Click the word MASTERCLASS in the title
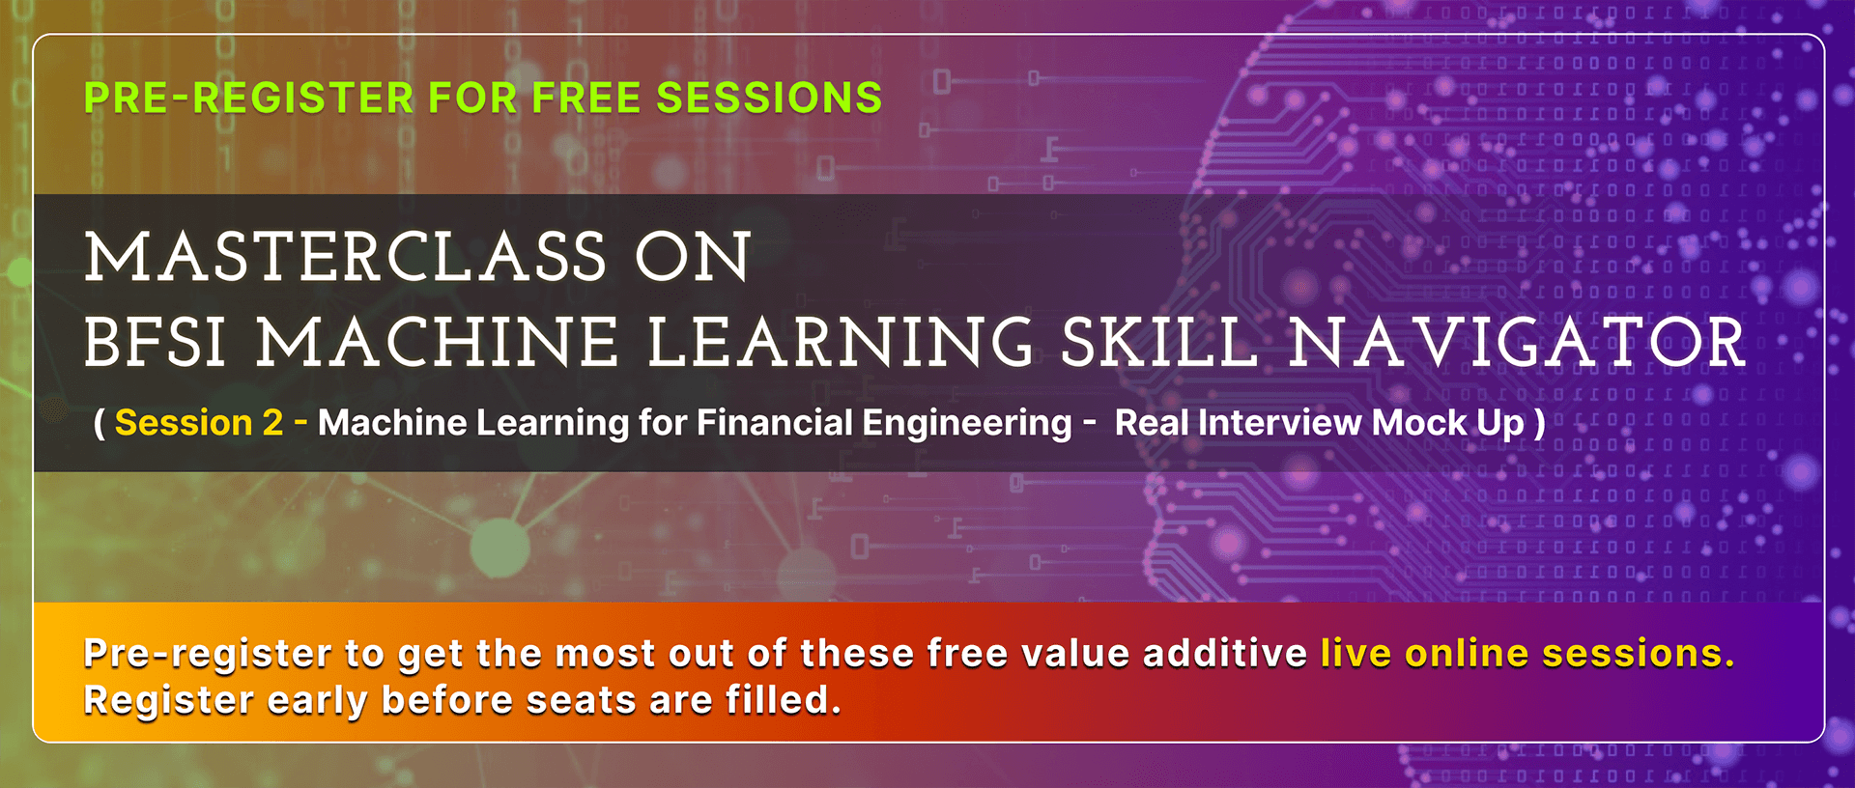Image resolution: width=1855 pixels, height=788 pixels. coord(345,257)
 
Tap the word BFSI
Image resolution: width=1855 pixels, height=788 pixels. coord(155,343)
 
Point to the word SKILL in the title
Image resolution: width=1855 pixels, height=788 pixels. coord(1158,343)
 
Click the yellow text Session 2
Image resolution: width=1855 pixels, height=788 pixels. coord(199,423)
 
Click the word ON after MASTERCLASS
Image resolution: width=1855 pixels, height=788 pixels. coord(693,257)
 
